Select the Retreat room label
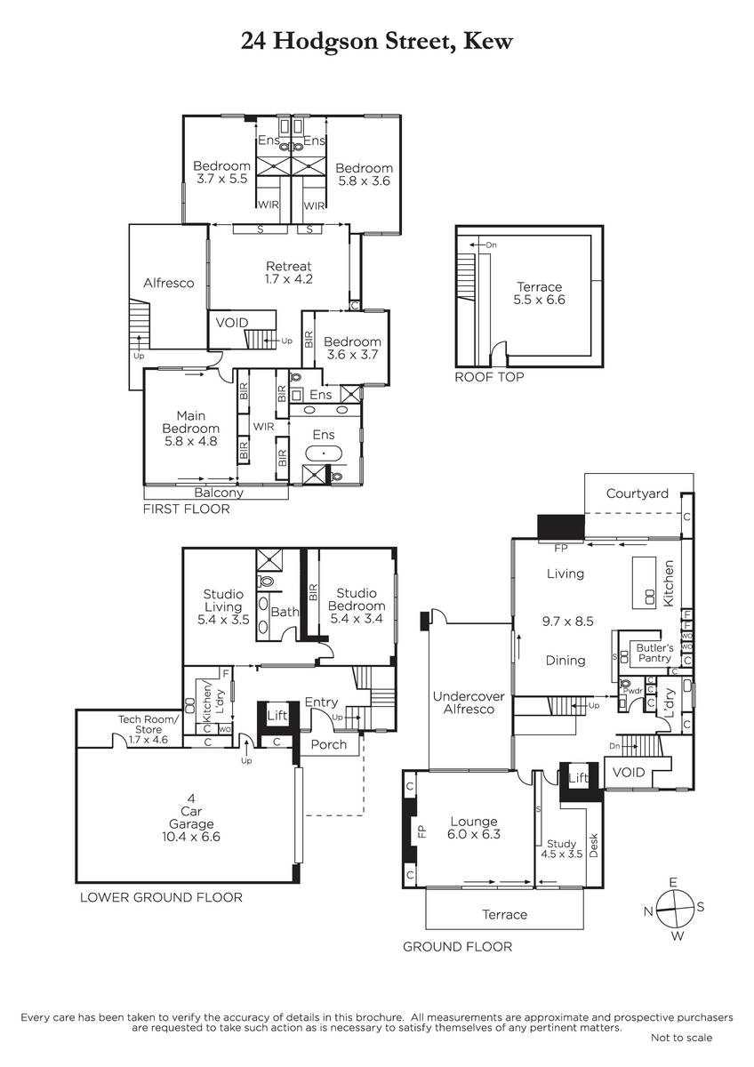click(x=288, y=266)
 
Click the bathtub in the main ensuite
click(x=324, y=453)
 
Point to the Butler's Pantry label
click(x=654, y=653)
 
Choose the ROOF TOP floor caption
click(x=489, y=377)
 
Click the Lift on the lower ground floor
click(x=277, y=715)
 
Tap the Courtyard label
click(x=637, y=493)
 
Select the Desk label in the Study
click(x=593, y=846)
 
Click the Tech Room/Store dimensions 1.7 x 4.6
click(x=148, y=740)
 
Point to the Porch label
click(x=328, y=744)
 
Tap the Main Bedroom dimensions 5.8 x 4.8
click(x=190, y=441)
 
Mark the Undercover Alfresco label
click(x=469, y=702)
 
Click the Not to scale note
click(x=681, y=1038)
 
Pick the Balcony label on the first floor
click(x=219, y=493)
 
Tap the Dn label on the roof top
click(x=491, y=245)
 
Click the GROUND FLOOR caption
click(x=457, y=946)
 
